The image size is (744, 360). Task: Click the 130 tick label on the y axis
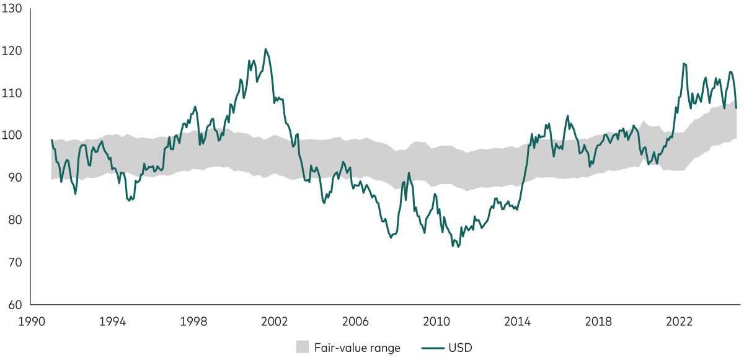[12, 9]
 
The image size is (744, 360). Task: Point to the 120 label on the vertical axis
[12, 51]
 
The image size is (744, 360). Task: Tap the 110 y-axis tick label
[12, 94]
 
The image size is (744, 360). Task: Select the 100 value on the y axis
[12, 136]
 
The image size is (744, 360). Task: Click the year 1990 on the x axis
[31, 322]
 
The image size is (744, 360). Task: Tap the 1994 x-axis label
[112, 322]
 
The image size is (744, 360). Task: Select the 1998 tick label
[193, 322]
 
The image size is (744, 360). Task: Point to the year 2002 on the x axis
[274, 322]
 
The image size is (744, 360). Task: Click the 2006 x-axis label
[355, 322]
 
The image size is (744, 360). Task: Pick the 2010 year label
[436, 322]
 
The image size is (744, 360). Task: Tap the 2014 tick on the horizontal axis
[517, 322]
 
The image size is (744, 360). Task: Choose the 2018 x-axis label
[598, 322]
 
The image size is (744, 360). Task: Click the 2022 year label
[679, 322]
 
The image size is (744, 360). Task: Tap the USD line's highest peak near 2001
[265, 49]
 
